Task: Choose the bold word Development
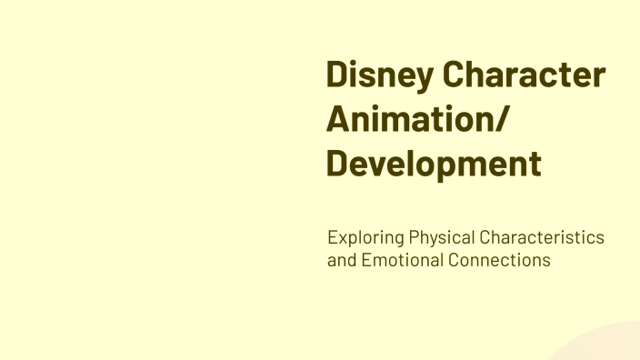pyautogui.click(x=434, y=165)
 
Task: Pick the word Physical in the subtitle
pyautogui.click(x=440, y=238)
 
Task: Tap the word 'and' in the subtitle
pyautogui.click(x=342, y=260)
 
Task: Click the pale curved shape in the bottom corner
pyautogui.click(x=605, y=345)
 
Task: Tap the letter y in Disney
pyautogui.click(x=424, y=78)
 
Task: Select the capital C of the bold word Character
pyautogui.click(x=455, y=75)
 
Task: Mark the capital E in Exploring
pyautogui.click(x=333, y=238)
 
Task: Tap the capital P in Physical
pyautogui.click(x=414, y=238)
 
